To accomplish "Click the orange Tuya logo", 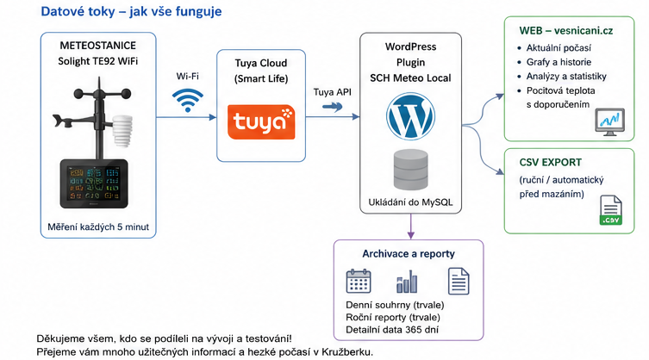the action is pyautogui.click(x=261, y=121).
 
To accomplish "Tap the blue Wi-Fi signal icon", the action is pyautogui.click(x=188, y=100).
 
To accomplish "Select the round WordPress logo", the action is pyautogui.click(x=410, y=116).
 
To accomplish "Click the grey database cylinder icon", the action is pyautogui.click(x=410, y=170).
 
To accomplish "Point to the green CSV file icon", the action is pyautogui.click(x=611, y=210).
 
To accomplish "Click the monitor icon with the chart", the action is pyautogui.click(x=609, y=122).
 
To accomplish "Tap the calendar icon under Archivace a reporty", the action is pyautogui.click(x=358, y=281).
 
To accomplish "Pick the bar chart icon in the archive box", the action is pyautogui.click(x=407, y=282).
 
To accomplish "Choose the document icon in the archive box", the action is pyautogui.click(x=459, y=281).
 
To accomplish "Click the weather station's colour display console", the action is pyautogui.click(x=94, y=183).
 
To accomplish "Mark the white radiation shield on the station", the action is pyautogui.click(x=122, y=131).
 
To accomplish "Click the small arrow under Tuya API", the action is pyautogui.click(x=333, y=107).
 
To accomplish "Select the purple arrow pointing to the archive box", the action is pyautogui.click(x=410, y=227).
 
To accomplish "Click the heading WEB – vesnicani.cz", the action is pyautogui.click(x=565, y=31).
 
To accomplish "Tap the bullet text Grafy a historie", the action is pyautogui.click(x=559, y=62).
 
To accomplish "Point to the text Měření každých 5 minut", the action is pyautogui.click(x=98, y=227).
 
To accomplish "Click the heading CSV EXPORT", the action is pyautogui.click(x=550, y=162).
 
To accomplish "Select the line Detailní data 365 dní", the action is pyautogui.click(x=392, y=330).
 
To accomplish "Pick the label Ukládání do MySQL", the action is pyautogui.click(x=410, y=202).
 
